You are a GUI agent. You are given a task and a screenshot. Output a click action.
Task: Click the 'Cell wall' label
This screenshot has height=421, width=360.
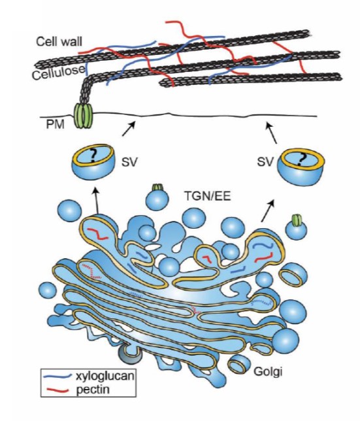pyautogui.click(x=59, y=42)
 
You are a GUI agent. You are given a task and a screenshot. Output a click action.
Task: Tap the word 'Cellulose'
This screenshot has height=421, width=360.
pyautogui.click(x=59, y=73)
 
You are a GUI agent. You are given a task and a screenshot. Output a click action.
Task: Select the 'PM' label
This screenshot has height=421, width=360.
pyautogui.click(x=56, y=125)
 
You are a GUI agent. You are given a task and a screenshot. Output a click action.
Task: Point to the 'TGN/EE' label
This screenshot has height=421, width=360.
pyautogui.click(x=207, y=196)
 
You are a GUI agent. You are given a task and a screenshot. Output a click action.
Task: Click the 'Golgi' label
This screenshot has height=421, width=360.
pyautogui.click(x=268, y=372)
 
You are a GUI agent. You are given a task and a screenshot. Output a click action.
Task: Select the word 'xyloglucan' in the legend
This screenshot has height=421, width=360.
pyautogui.click(x=105, y=375)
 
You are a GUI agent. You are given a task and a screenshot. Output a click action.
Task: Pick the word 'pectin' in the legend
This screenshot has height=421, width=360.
pyautogui.click(x=93, y=389)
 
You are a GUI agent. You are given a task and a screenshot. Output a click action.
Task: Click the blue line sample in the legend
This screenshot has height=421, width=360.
pyautogui.click(x=57, y=376)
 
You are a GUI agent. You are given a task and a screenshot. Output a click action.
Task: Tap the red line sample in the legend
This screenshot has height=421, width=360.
pyautogui.click(x=57, y=390)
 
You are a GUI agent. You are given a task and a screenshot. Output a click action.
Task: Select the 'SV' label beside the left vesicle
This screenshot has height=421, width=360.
pyautogui.click(x=129, y=162)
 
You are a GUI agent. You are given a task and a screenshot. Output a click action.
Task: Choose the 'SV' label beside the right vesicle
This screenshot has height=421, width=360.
pyautogui.click(x=265, y=162)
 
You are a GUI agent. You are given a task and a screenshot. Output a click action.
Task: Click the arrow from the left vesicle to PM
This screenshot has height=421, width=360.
pyautogui.click(x=129, y=129)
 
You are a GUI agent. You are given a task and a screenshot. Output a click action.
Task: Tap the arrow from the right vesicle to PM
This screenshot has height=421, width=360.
pyautogui.click(x=272, y=133)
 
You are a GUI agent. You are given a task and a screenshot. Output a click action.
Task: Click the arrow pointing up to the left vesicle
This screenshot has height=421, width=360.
pyautogui.click(x=97, y=201)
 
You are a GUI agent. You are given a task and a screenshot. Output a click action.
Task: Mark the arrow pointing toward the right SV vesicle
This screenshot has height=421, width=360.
pyautogui.click(x=269, y=210)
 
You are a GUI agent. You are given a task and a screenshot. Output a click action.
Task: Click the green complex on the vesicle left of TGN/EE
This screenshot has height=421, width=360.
pyautogui.click(x=157, y=187)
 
